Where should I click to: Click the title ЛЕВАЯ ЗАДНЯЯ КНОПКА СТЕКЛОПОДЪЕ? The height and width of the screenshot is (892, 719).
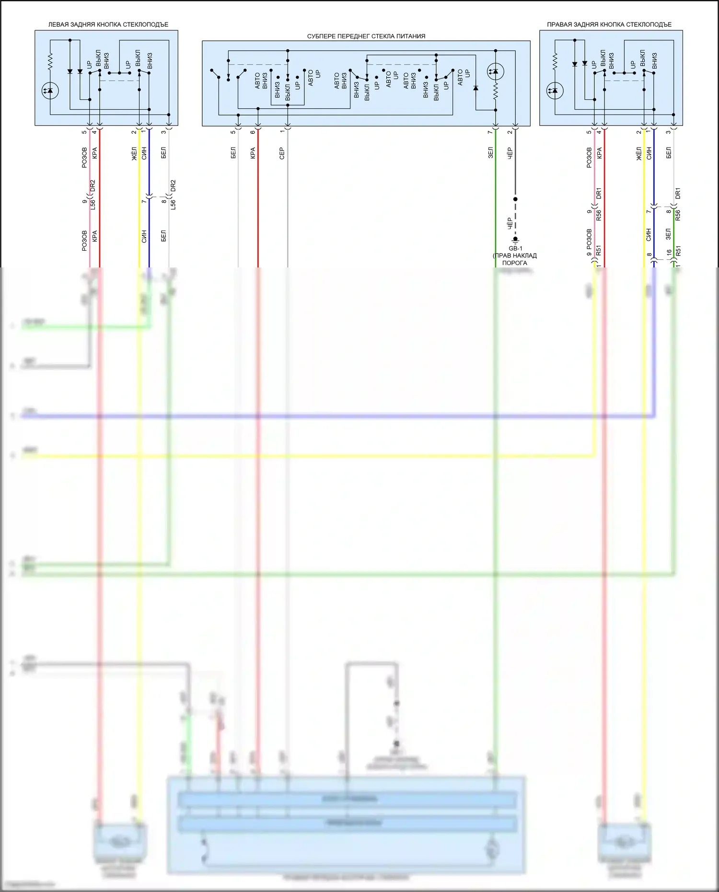coord(108,24)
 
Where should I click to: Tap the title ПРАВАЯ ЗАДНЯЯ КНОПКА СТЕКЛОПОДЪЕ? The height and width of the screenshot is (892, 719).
coord(609,24)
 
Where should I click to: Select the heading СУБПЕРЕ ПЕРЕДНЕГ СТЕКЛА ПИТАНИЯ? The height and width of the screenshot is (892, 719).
coord(366,36)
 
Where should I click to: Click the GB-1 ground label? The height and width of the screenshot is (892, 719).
coord(515,248)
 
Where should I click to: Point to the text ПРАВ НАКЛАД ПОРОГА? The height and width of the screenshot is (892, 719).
coord(515,259)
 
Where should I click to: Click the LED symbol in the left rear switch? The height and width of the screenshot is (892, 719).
coord(50,90)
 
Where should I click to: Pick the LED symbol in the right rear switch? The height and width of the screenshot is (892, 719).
coord(555,90)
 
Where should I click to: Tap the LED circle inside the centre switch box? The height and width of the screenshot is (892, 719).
coord(495,72)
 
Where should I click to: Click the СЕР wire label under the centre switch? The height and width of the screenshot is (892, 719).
coord(282,153)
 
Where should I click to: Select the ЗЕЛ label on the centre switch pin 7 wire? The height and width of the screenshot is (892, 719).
coord(490,153)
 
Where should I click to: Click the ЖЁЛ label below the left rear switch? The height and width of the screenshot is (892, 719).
coord(134,154)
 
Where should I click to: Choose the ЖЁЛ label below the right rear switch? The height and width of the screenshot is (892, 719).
coord(639,154)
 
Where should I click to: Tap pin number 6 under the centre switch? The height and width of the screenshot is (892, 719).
coord(253,132)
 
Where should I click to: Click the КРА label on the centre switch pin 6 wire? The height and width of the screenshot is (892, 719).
coord(253,153)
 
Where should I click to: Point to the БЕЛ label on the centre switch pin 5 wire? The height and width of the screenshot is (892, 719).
coord(233,153)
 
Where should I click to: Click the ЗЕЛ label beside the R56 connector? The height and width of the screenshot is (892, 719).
coord(668,234)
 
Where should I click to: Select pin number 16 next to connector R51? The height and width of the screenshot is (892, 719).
coord(669,252)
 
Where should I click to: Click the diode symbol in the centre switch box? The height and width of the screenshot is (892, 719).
coord(475,88)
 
